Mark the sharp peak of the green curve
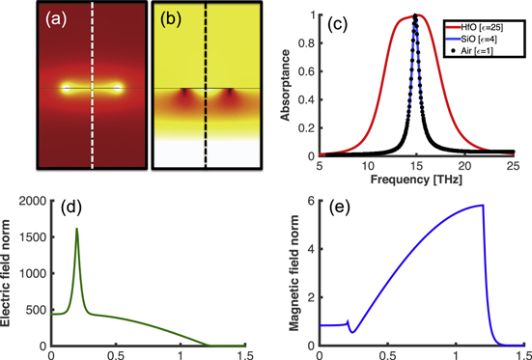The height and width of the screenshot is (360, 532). tap(76, 230)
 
